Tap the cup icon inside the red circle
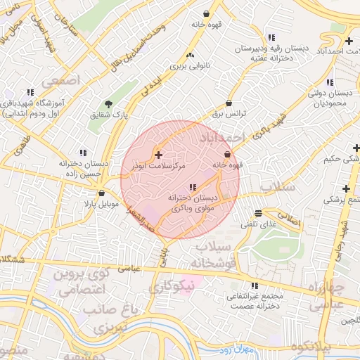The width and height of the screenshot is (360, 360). tap(227, 155)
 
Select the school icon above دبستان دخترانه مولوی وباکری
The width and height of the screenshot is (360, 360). tap(193, 186)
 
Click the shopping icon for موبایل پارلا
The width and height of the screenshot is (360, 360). tap(102, 193)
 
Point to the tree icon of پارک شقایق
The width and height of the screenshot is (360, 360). tap(108, 104)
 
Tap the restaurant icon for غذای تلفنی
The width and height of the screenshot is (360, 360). tap(258, 213)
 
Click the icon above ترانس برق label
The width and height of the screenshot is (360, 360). tap(229, 103)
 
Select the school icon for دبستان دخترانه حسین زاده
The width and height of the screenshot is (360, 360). tap(84, 153)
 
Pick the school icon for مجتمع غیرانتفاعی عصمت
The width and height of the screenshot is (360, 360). tap(255, 285)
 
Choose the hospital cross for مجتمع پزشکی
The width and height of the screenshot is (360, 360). tap(346, 188)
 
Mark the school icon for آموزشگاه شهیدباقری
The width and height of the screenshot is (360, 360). tap(30, 92)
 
